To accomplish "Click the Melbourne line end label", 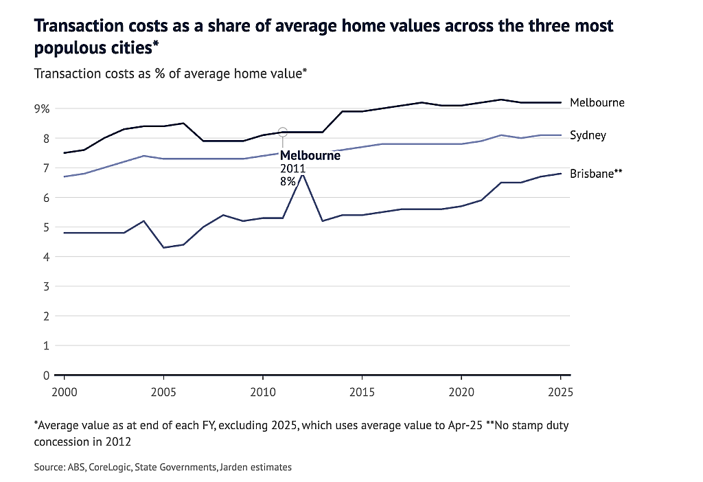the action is click(x=597, y=103).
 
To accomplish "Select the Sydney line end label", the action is click(x=588, y=135).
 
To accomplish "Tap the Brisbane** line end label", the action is click(x=596, y=174).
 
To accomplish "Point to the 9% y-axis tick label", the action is click(x=42, y=109).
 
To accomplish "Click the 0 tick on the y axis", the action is click(x=46, y=376).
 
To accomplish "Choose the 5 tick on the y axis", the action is click(x=46, y=227).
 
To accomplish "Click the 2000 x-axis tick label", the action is click(x=65, y=392).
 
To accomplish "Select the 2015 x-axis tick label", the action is click(x=362, y=392).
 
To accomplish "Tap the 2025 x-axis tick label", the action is click(x=560, y=392).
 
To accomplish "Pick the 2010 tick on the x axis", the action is click(x=263, y=392).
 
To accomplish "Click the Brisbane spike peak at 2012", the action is click(x=303, y=174).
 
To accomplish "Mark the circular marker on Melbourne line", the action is click(x=282, y=132).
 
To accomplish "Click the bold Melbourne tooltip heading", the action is click(x=310, y=156).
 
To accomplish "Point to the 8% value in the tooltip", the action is click(x=288, y=181).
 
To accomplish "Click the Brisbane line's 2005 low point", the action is click(x=163, y=247).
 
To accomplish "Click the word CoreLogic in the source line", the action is click(x=110, y=467).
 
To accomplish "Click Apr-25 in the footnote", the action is click(x=465, y=426).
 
